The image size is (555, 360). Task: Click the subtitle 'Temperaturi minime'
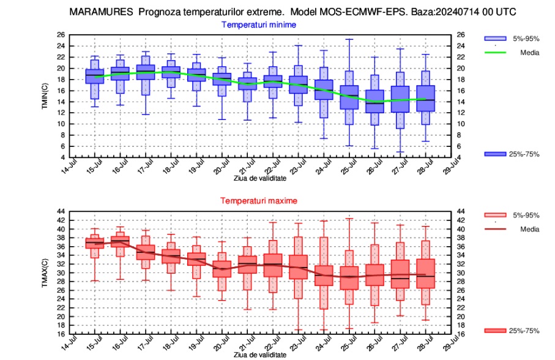[x=259, y=25]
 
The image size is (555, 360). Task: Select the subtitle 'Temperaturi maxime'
[x=259, y=201]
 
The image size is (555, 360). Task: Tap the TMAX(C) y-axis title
[x=45, y=272]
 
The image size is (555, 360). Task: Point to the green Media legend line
[x=495, y=53]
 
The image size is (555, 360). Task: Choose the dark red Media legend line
[x=495, y=229]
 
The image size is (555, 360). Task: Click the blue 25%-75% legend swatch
[x=495, y=154]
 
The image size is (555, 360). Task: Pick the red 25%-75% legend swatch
[x=495, y=331]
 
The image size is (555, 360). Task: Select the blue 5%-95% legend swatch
[x=495, y=38]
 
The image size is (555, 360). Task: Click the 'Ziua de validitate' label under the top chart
[x=259, y=178]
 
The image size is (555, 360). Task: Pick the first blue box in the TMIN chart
[x=94, y=76]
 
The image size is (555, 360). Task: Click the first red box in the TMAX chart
[x=94, y=243]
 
